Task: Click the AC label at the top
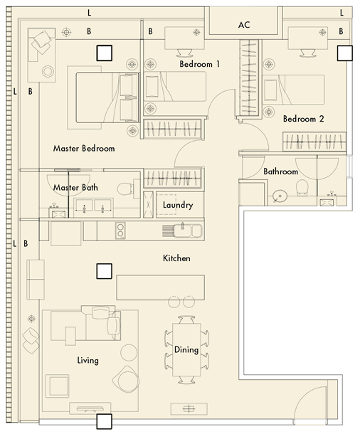click(x=244, y=25)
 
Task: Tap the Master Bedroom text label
click(x=84, y=149)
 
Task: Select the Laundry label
click(x=178, y=205)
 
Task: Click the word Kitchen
click(x=176, y=258)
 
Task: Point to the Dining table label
click(x=186, y=350)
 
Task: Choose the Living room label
click(x=88, y=361)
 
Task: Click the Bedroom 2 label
click(x=303, y=119)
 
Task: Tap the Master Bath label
click(x=75, y=187)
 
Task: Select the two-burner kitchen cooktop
click(x=120, y=231)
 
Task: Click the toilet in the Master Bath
click(x=125, y=189)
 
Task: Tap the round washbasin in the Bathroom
click(x=280, y=196)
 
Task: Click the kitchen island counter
click(x=161, y=287)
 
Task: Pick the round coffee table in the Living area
click(x=129, y=352)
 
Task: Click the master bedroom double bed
click(x=107, y=97)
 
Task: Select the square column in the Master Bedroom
click(x=105, y=53)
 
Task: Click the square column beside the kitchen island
click(x=105, y=271)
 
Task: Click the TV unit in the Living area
click(x=90, y=408)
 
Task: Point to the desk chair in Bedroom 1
click(x=184, y=53)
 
